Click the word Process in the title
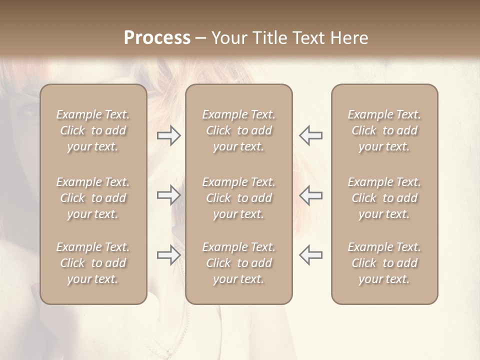pos(157,38)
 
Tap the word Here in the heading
pos(349,38)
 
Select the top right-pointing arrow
pos(168,135)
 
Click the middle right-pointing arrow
pos(168,195)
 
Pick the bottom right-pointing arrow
pos(168,255)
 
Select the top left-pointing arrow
pos(311,135)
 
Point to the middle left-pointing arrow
pos(311,195)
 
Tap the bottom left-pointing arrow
pos(311,255)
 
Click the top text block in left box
pos(93,130)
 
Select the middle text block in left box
pos(93,198)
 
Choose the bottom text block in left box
pos(93,263)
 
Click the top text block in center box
pos(239,130)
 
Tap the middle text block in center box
pos(239,198)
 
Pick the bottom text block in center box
pos(239,263)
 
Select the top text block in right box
pos(384,130)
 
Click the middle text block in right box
pos(384,198)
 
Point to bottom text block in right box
pos(384,263)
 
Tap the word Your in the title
pos(229,38)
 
